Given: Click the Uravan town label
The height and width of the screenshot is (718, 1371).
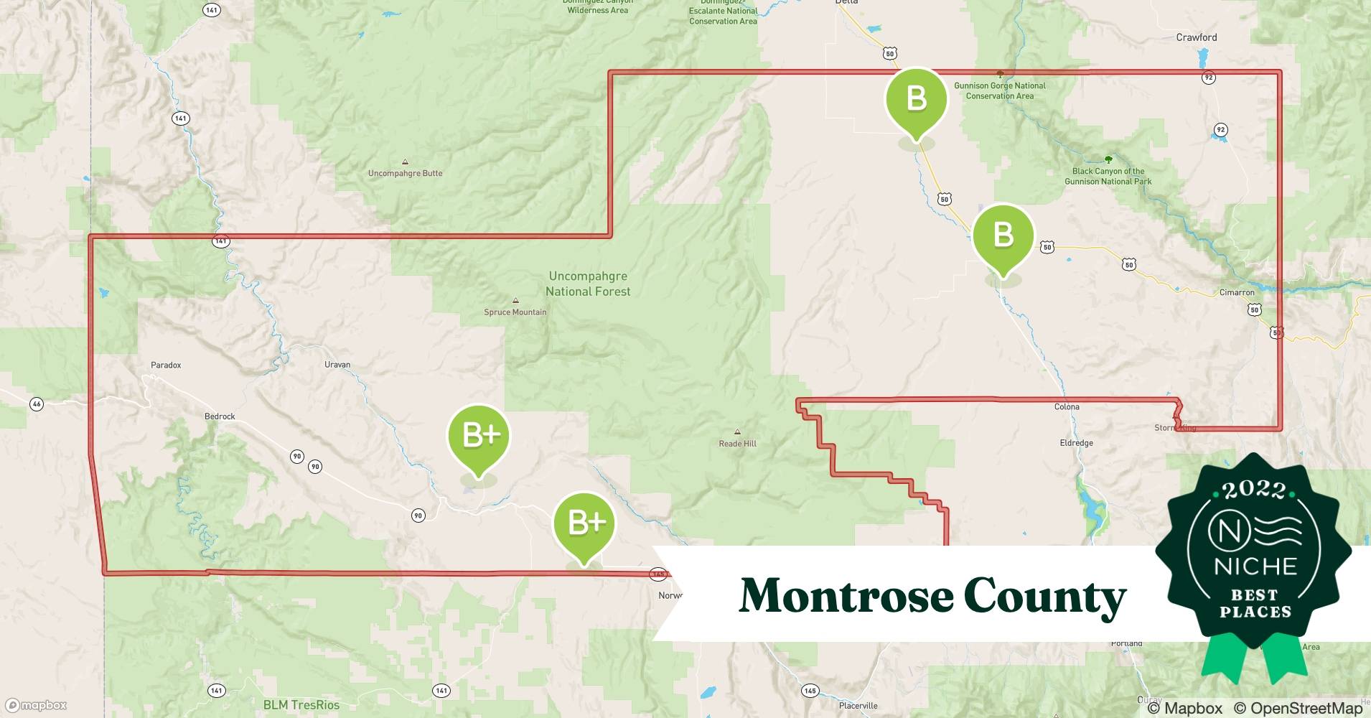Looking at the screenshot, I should pos(337,365).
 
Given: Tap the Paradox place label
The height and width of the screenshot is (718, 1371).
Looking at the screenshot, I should pos(166,365).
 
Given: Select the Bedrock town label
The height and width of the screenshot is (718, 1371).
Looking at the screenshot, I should pos(220,416).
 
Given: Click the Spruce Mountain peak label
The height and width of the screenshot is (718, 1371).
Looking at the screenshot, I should pos(515,312).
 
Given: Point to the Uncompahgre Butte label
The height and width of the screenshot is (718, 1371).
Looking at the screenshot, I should pos(405,173).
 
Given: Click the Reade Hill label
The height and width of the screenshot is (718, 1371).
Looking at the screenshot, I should pos(737,444).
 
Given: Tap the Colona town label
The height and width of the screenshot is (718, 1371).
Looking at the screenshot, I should pos(1067,407).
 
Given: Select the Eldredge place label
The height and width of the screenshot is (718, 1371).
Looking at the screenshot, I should pos(1076,443).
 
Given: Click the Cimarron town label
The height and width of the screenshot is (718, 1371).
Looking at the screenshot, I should pos(1237,293).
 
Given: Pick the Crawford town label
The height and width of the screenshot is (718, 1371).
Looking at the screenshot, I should pos(1196,37).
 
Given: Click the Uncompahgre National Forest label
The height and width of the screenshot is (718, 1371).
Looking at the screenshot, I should pos(588,284).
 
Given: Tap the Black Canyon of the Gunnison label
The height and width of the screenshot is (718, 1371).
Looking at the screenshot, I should pos(1108,177).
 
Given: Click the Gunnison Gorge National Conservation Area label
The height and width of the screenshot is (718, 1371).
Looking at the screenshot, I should pos(999,90).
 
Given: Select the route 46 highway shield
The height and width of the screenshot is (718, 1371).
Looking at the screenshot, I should pos(37,404).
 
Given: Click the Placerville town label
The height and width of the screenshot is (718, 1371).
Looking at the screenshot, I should pos(858,706).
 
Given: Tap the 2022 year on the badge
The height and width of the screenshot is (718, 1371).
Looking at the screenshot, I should pos(1253,490).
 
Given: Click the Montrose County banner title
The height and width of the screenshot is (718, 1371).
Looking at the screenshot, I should pos(932,596).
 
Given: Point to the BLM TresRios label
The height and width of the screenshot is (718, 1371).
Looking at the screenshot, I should pos(301,705).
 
